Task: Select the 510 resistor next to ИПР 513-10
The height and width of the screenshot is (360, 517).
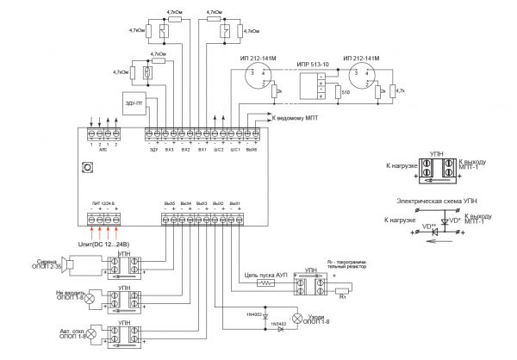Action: click(x=338, y=91)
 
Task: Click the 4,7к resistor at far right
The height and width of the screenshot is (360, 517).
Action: click(x=392, y=90)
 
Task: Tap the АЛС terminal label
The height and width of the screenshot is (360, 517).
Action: click(x=103, y=148)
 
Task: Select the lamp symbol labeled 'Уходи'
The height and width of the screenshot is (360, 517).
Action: click(x=300, y=319)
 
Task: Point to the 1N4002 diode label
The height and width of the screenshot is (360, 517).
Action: click(x=255, y=315)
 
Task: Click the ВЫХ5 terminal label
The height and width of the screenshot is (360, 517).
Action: click(x=169, y=202)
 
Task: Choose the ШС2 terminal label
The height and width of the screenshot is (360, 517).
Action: click(x=218, y=148)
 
